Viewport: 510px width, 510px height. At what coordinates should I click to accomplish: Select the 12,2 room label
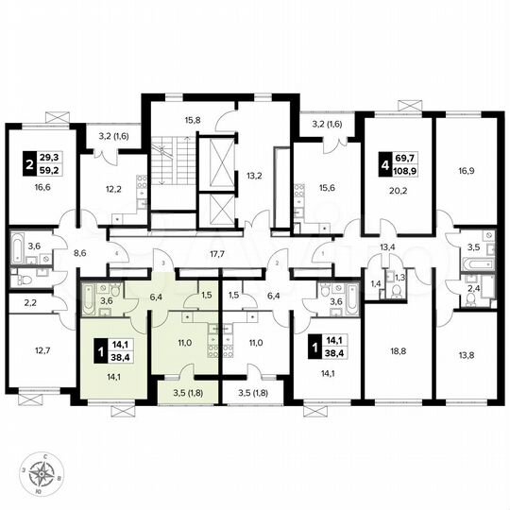112,189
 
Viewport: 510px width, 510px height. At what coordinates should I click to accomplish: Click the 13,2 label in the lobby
253,174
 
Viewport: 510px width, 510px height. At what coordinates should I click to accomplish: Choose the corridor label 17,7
219,253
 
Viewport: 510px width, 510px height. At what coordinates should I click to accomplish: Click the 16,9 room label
467,173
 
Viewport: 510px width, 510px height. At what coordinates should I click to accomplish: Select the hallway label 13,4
386,247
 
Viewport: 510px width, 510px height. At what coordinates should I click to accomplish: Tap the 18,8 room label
397,348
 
